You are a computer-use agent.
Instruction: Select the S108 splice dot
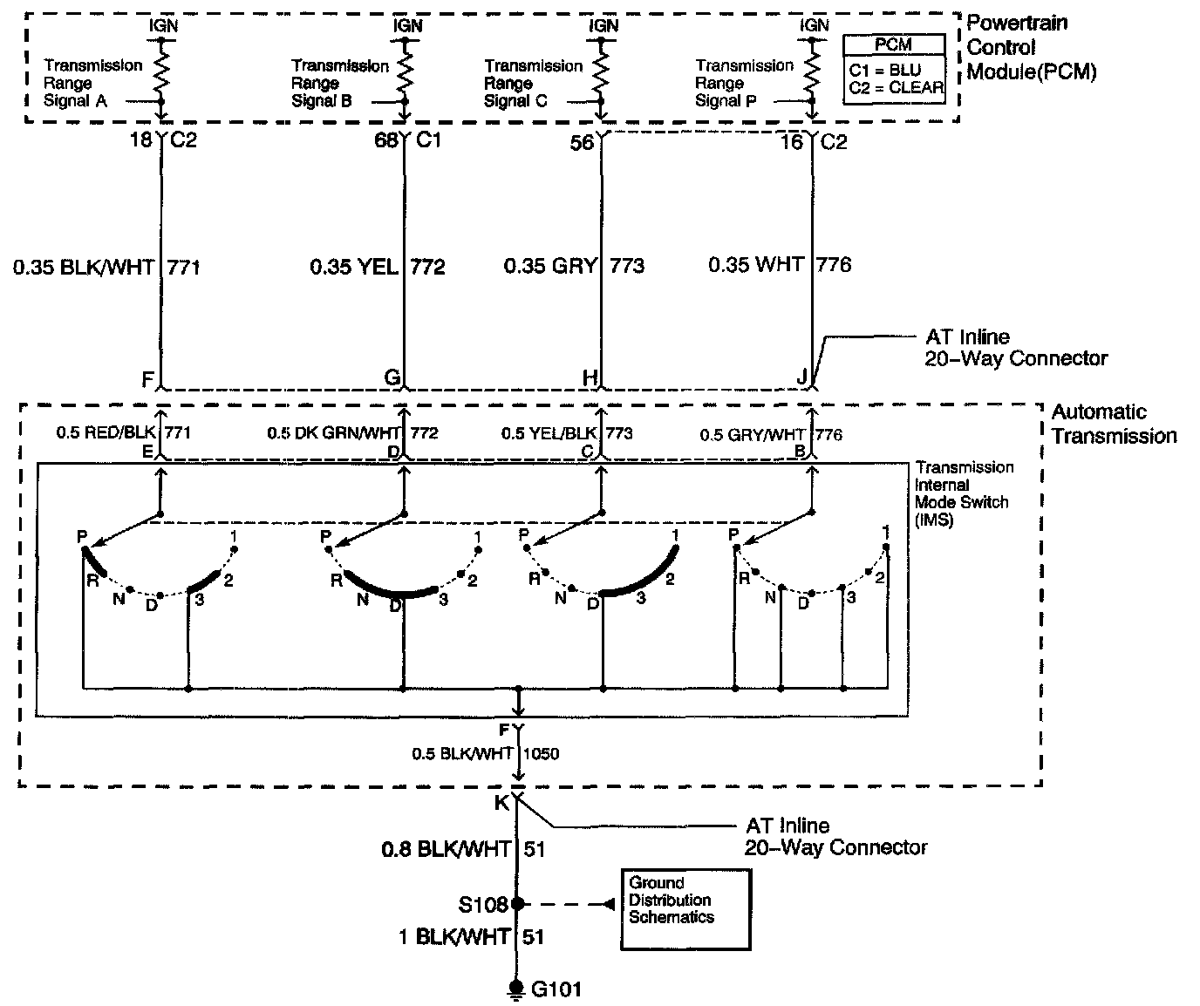coord(517,904)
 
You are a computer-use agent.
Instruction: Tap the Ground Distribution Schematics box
coord(685,909)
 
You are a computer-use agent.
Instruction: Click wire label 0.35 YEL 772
coord(378,266)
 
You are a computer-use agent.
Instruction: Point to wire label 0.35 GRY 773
coord(574,265)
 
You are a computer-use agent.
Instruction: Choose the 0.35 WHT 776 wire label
coord(779,264)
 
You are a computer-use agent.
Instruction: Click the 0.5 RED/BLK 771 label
coord(123,432)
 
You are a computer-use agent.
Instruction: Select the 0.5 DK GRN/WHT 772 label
coord(352,432)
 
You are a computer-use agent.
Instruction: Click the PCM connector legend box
coord(894,70)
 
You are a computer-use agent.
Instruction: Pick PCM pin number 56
coord(582,141)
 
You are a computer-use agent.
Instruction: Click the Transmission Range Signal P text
coord(744,83)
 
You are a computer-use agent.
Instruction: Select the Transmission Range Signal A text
coord(92,83)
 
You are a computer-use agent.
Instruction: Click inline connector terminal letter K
coord(501,803)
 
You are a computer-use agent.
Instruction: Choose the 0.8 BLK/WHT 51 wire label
coord(463,848)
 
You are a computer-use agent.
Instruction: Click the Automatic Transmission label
coord(1114,424)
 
